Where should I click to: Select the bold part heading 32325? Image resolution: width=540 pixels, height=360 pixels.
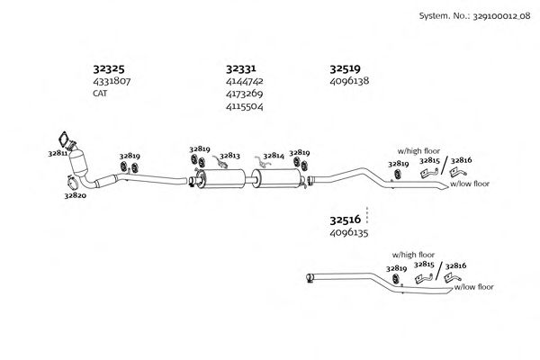pos(109,67)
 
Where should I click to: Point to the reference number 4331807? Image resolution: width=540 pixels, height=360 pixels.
pos(112,81)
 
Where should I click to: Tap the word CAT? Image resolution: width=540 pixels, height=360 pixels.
pos(100,93)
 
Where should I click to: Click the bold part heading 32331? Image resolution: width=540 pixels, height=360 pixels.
pos(242,67)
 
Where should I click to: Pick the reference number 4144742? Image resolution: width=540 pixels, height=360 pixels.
pos(245,81)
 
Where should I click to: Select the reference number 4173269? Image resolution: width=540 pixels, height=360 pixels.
pos(245,93)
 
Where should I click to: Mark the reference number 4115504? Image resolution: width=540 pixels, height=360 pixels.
pos(245,105)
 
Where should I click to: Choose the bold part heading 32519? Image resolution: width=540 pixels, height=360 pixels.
pos(345,67)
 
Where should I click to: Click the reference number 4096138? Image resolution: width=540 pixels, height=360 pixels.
pos(349,81)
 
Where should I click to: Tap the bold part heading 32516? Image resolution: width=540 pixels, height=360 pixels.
pos(345,219)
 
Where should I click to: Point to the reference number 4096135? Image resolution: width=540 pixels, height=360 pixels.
pos(349,232)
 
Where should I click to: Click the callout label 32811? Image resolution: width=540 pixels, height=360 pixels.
pos(57,154)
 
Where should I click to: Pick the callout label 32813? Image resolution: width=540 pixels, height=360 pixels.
pos(229,155)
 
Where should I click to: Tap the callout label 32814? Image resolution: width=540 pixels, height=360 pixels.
pos(273,156)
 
